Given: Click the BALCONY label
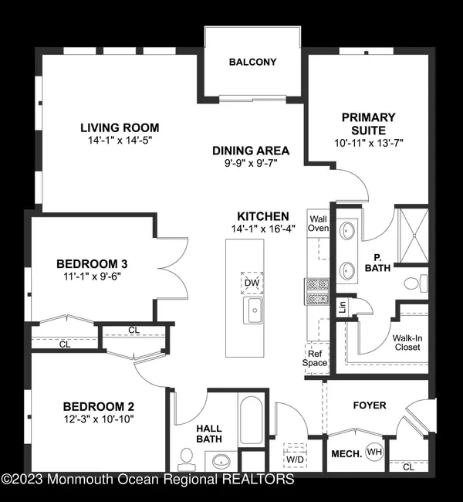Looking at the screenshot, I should pyautogui.click(x=252, y=62).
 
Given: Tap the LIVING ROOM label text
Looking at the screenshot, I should pyautogui.click(x=120, y=128).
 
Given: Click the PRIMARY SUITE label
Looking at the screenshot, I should pyautogui.click(x=369, y=124).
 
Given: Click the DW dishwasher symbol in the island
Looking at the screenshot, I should pyautogui.click(x=251, y=283).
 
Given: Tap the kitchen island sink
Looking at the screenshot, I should pyautogui.click(x=252, y=311).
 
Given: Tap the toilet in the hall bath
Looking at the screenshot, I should pyautogui.click(x=185, y=460).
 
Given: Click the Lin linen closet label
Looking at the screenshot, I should pyautogui.click(x=342, y=307).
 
